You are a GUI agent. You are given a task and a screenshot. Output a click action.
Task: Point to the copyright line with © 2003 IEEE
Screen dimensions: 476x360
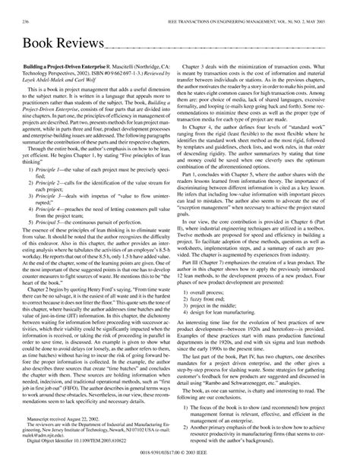(x=179, y=464)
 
